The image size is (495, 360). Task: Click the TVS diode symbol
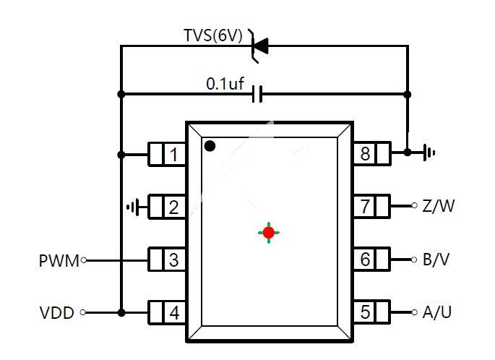pos(259,46)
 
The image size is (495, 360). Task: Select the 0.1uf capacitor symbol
pos(257,94)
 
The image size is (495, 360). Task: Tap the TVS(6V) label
pos(213,35)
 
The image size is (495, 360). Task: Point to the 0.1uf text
pos(225,84)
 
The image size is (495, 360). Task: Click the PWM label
pos(59,261)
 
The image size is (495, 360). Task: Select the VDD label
pos(57,312)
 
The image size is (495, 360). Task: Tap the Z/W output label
pos(439,206)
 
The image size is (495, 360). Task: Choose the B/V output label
pos(436,260)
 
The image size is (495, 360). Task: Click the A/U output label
pos(437,312)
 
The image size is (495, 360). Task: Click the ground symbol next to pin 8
pos(429,153)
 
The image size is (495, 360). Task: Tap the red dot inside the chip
pos(269,233)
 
